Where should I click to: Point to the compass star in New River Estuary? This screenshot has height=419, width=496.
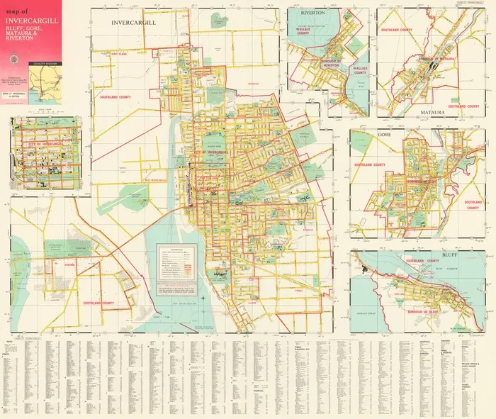pyautogui.click(x=203, y=298)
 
